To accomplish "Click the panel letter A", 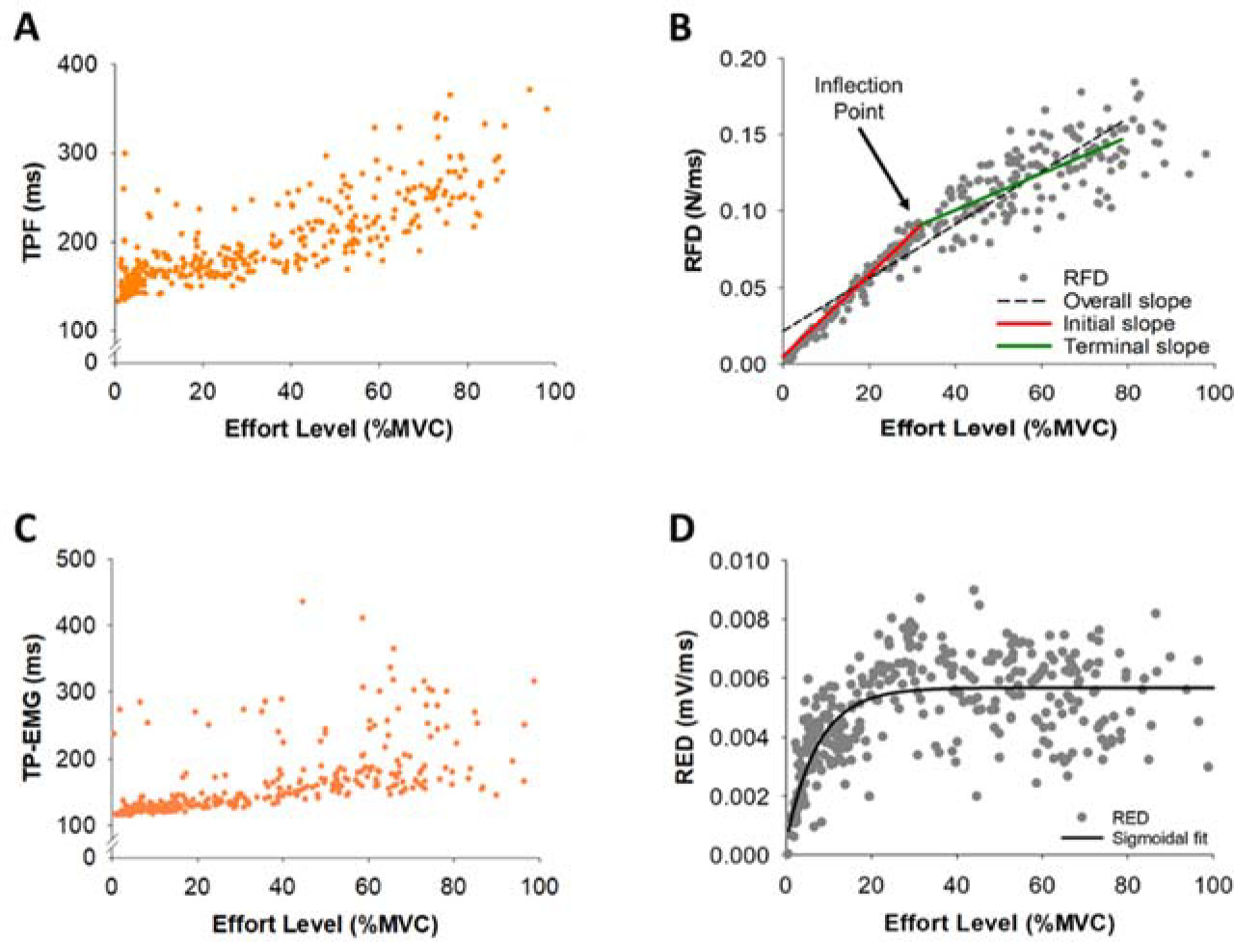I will tap(26, 27).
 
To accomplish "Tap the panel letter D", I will tap(681, 528).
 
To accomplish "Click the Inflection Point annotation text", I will tap(858, 97).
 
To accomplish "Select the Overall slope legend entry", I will tap(1126, 301).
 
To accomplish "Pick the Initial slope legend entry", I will tap(1118, 324).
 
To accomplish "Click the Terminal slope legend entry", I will tap(1136, 346).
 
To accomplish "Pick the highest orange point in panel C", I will tap(302, 601).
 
